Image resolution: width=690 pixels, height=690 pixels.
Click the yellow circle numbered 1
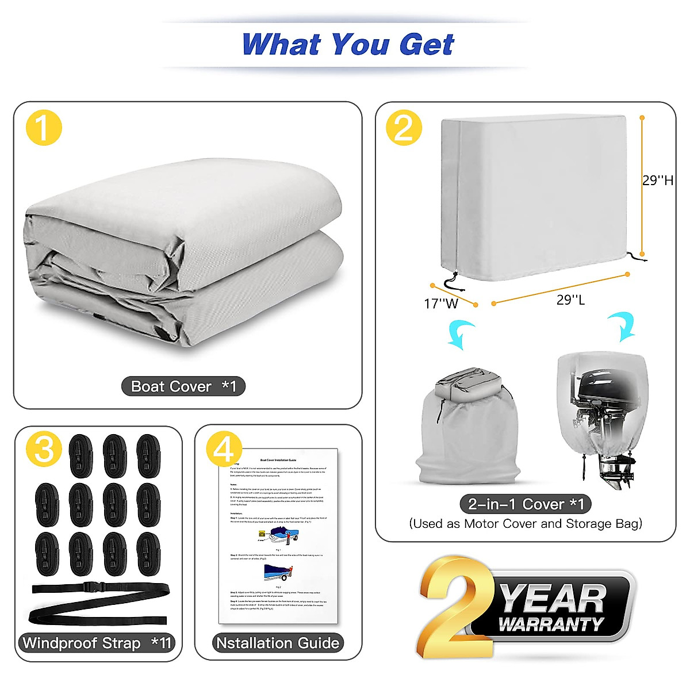point(44,127)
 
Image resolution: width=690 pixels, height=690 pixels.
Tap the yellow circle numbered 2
point(404,127)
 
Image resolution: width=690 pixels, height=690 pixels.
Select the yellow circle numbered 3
point(44,447)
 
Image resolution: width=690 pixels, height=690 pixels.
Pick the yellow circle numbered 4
point(224,447)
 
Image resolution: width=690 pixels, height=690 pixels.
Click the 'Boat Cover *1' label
point(183,386)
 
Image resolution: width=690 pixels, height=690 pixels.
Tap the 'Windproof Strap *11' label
point(97,643)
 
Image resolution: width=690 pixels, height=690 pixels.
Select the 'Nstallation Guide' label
point(278,643)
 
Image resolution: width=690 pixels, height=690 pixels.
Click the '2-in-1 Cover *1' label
point(526,504)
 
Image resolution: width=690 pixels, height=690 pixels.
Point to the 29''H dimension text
point(658,181)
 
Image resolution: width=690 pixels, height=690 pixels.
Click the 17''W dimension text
point(441,303)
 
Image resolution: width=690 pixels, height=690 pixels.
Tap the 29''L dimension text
point(570,300)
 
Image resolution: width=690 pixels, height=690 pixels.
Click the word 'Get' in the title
point(427,44)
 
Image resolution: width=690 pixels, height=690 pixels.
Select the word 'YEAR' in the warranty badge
point(553,599)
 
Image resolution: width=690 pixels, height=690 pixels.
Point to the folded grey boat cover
point(184,253)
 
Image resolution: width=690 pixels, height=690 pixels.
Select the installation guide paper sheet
point(279,535)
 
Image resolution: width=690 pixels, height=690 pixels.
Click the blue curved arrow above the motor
point(622,325)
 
